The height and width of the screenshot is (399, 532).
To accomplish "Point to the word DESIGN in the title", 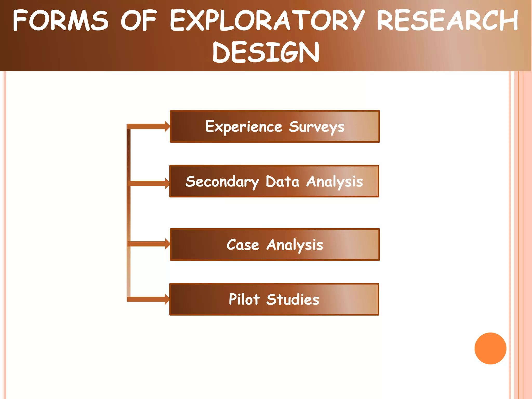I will (x=266, y=52).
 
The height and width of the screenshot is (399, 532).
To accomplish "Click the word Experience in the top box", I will (x=243, y=127).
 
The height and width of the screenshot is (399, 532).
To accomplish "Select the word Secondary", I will (x=222, y=182).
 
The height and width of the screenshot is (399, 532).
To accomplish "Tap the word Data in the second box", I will (x=282, y=181).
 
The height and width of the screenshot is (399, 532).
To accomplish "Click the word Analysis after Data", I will (x=335, y=182).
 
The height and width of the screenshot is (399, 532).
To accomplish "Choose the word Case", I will (x=243, y=245).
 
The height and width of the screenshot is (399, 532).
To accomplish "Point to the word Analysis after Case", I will (x=295, y=245).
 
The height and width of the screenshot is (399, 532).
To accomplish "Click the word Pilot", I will (x=244, y=299).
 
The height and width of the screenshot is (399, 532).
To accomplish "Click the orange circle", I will (x=490, y=348).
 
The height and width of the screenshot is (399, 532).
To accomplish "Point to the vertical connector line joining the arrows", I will (x=129, y=213).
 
